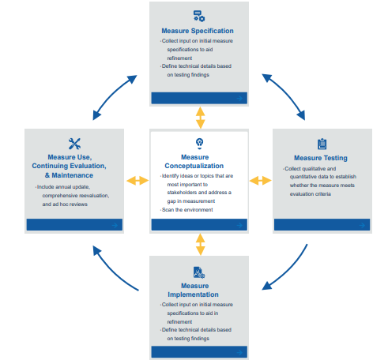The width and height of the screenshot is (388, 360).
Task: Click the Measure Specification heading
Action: click(x=199, y=31)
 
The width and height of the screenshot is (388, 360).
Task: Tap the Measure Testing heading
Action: click(x=320, y=158)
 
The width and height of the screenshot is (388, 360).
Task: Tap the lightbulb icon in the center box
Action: click(x=199, y=142)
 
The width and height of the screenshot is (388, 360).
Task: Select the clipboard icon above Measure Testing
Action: click(x=321, y=144)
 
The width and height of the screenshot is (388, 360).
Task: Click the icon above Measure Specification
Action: click(x=199, y=16)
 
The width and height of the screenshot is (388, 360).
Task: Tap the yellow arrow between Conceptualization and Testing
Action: click(x=260, y=181)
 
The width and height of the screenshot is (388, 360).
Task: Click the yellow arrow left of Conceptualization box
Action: click(x=137, y=181)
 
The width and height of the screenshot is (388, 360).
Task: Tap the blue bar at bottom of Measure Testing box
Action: click(x=321, y=225)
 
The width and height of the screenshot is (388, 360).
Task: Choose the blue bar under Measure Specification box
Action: click(x=199, y=98)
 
